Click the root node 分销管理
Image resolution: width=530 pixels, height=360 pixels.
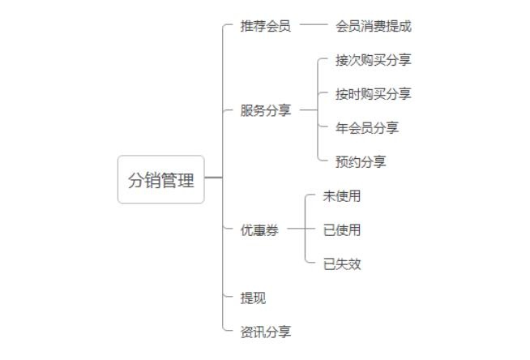160,179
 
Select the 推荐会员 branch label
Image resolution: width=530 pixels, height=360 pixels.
265,26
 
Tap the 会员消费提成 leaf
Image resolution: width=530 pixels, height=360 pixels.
373,26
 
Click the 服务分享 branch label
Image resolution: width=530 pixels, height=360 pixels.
265,111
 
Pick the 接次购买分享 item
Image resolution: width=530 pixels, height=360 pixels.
373,60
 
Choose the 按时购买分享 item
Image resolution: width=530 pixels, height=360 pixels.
373,94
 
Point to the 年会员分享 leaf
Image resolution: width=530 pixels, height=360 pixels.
366,128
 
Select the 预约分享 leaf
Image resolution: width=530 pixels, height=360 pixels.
361,162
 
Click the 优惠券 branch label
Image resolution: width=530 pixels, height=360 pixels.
259,230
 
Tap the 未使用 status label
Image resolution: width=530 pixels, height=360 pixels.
341,196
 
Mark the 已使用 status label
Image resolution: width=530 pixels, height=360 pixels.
341,230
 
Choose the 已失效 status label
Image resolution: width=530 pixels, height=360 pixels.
341,264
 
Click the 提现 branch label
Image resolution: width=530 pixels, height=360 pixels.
253,298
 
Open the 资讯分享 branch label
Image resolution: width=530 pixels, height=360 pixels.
265,332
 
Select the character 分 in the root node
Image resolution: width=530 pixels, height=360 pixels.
136,180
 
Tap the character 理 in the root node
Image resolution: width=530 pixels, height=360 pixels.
186,180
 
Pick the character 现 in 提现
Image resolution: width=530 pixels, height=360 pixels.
259,298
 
